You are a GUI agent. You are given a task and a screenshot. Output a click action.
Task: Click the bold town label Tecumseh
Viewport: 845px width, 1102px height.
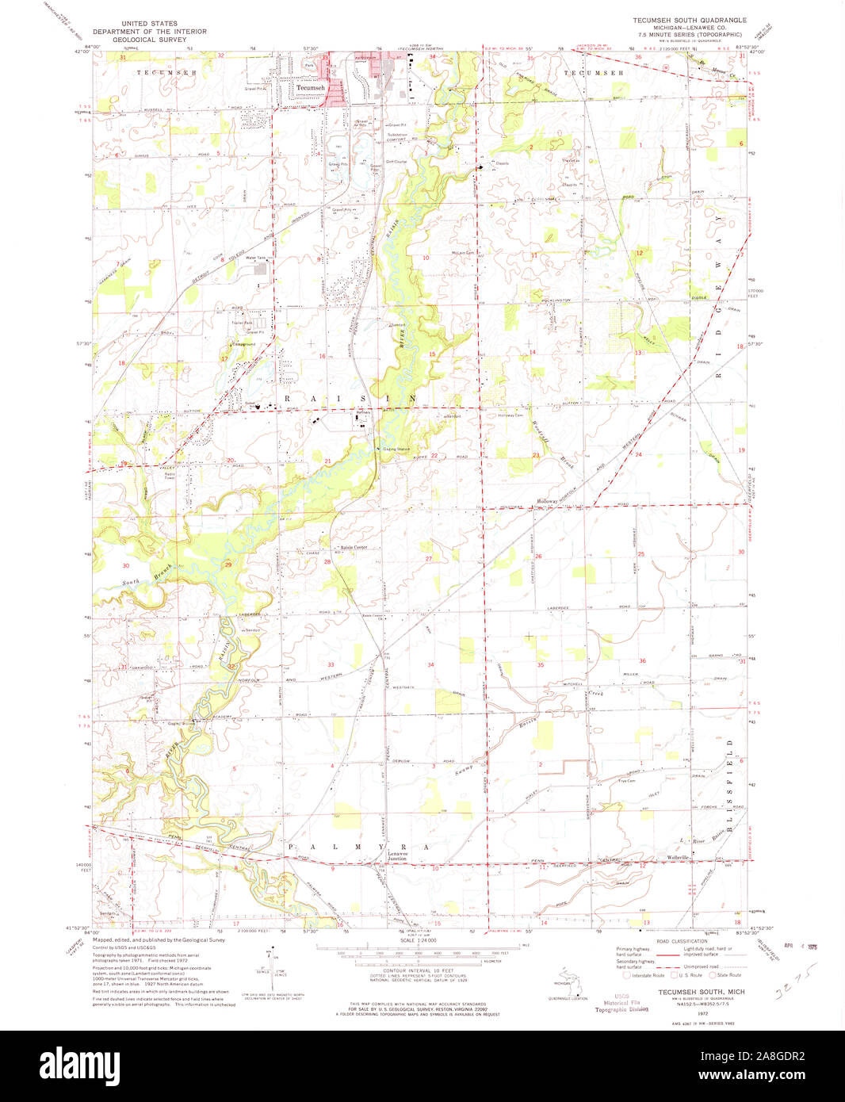coord(309,89)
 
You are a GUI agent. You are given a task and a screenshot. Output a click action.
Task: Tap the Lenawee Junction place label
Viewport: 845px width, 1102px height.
coord(397,855)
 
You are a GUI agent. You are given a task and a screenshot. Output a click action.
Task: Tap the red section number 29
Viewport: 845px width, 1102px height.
coord(228,564)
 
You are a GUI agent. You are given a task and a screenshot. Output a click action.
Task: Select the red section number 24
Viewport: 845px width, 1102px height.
coord(638,455)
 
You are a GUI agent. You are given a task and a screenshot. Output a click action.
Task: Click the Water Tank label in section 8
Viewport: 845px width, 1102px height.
coord(256,258)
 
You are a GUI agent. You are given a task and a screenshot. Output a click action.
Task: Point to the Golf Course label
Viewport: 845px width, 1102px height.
coord(396,162)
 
